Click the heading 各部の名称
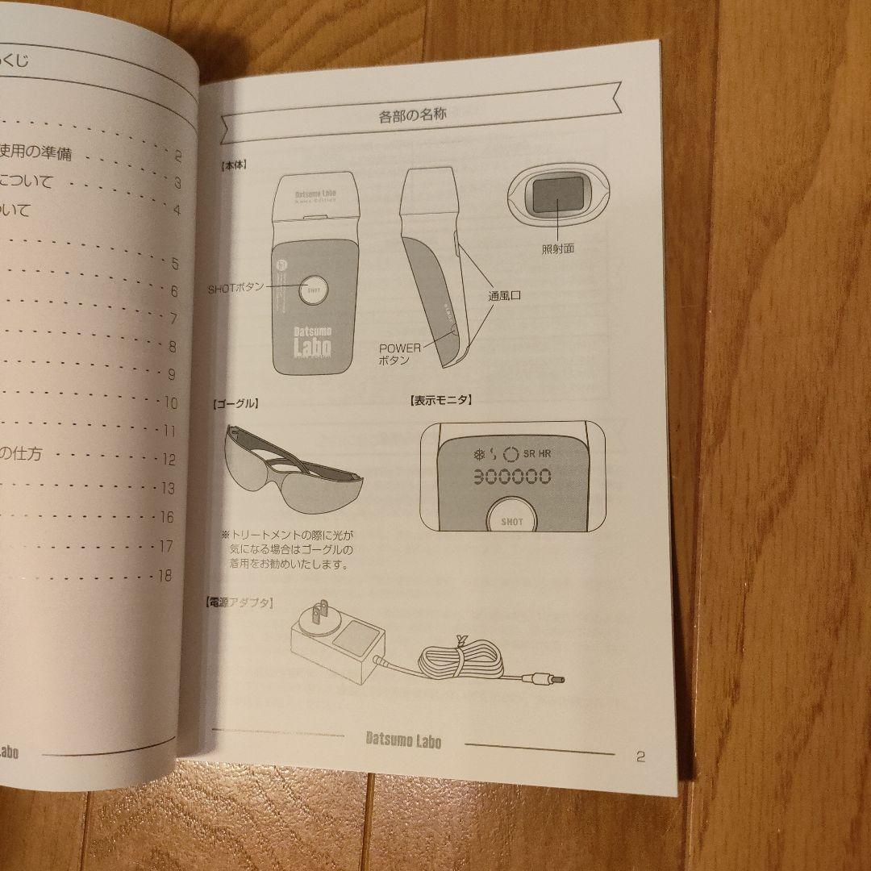click(413, 115)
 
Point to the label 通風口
click(505, 296)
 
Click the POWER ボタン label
click(399, 354)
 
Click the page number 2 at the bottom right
click(640, 756)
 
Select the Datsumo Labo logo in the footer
click(403, 739)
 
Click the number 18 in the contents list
click(165, 575)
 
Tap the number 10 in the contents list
click(170, 402)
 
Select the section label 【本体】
click(233, 164)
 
